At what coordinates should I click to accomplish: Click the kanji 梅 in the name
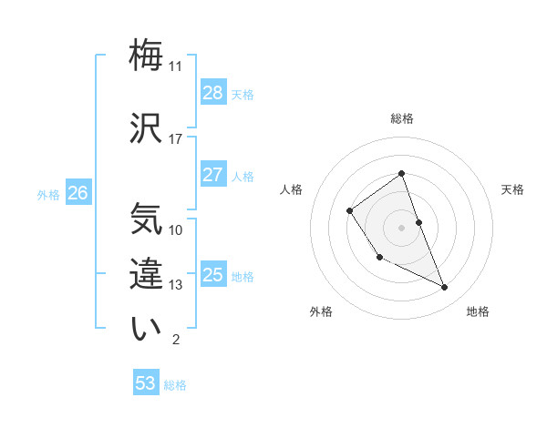coord(147,56)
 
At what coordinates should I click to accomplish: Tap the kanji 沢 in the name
coord(147,127)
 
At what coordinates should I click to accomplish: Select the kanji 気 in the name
coord(147,219)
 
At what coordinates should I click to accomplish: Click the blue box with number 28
coord(212,93)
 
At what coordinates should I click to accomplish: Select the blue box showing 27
coord(212,175)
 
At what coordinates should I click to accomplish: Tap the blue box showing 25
coord(212,275)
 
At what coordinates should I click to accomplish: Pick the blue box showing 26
coord(77,193)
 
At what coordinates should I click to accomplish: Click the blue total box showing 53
coord(146,383)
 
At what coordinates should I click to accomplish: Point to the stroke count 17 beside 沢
coord(176,139)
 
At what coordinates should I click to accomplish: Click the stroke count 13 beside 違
coord(176,285)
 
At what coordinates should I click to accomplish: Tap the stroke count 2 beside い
coord(176,340)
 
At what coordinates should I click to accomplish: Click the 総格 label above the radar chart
coord(402,118)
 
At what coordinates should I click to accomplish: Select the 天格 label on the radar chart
coord(512,189)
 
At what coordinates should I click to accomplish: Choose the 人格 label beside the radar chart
coord(291,189)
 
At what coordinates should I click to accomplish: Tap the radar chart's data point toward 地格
coord(445,288)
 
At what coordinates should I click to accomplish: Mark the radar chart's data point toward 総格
coord(401,174)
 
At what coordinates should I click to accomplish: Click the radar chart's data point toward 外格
coord(379,258)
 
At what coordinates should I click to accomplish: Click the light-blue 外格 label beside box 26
coord(48,194)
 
